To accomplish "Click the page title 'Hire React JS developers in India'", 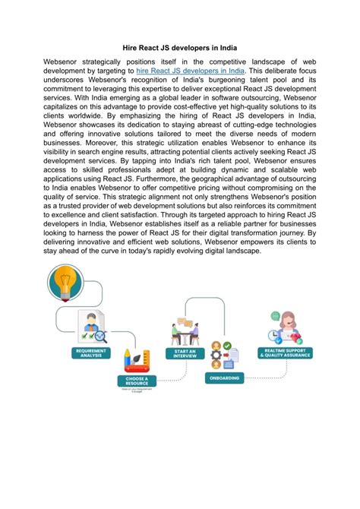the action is click(179, 47).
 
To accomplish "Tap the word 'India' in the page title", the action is click(225, 47).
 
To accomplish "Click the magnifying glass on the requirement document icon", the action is click(99, 334).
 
